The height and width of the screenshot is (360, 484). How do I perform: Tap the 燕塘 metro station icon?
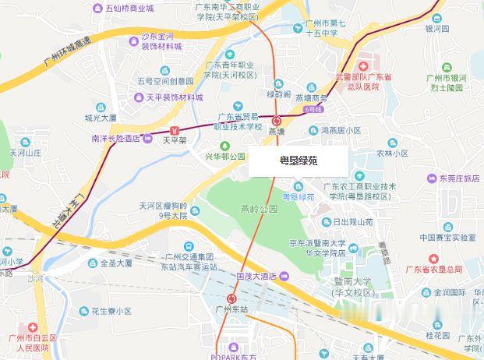pos(277,120)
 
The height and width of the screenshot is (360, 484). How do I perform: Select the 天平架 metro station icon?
pos(175,129)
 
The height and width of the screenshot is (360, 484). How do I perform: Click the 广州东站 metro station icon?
pos(232,297)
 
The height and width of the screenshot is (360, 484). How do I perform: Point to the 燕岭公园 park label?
pos(259,210)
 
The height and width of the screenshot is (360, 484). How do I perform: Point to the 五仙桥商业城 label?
pos(129,8)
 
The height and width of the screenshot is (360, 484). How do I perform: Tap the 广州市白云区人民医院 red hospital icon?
pos(32,327)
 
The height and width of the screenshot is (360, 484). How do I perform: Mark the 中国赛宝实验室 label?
pos(447,238)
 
